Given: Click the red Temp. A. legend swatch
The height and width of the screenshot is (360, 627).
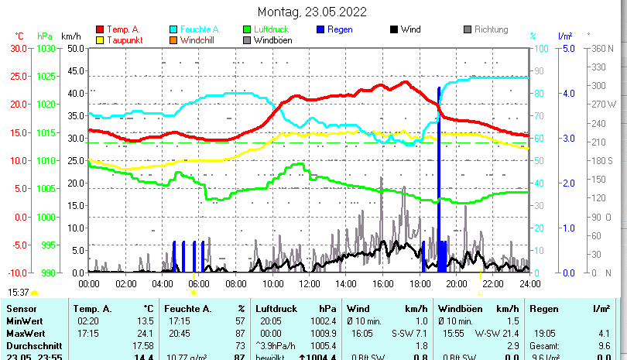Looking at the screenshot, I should [x=100, y=29].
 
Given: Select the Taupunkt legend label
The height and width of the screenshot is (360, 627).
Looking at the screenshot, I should [x=124, y=39].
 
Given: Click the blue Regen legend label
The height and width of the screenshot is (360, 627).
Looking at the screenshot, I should [x=341, y=29].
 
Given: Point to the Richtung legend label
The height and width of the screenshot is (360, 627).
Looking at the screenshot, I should [x=491, y=29].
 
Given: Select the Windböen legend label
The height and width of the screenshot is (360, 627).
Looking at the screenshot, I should [x=272, y=39].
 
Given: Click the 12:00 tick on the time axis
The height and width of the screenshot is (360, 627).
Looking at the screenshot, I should [x=309, y=283].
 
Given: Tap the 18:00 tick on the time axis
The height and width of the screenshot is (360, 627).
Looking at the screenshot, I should [x=420, y=283].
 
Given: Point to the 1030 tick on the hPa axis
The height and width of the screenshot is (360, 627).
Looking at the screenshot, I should [x=46, y=48].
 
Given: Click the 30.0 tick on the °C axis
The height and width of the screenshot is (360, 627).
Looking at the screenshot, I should [x=18, y=48].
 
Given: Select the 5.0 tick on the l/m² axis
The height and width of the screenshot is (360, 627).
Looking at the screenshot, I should [x=567, y=48].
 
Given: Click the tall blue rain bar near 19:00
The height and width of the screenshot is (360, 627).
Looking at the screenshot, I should [x=439, y=178].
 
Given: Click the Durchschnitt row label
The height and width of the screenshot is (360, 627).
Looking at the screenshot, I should [x=30, y=345].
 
